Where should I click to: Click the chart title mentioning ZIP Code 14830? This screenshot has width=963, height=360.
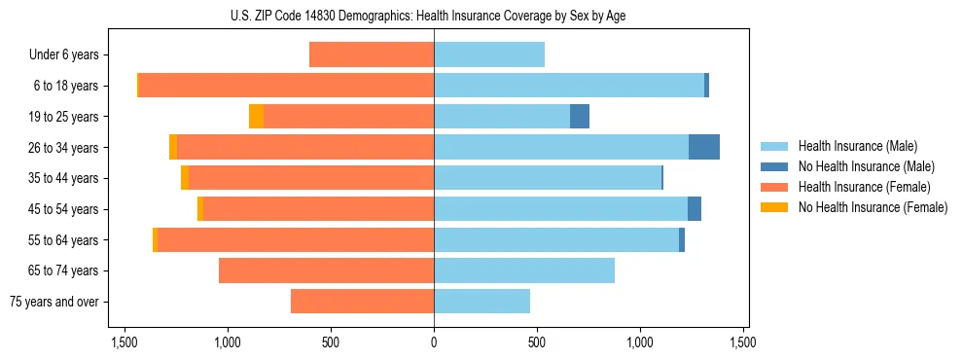pyautogui.click(x=433, y=16)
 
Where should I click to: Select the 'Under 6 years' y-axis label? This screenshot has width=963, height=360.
pyautogui.click(x=64, y=55)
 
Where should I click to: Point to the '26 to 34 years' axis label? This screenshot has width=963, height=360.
pyautogui.click(x=63, y=148)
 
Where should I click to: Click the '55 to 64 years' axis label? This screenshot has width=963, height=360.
pyautogui.click(x=63, y=240)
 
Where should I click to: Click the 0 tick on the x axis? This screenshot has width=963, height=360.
pyautogui.click(x=434, y=342)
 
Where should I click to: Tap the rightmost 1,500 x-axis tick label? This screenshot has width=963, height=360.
pyautogui.click(x=743, y=342)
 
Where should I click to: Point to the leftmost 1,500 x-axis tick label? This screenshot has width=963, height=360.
pyautogui.click(x=125, y=342)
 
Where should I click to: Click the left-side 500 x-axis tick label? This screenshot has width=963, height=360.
pyautogui.click(x=331, y=342)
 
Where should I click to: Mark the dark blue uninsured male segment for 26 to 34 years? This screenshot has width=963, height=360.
pyautogui.click(x=704, y=147)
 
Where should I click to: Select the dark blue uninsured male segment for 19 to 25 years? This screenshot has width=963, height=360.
pyautogui.click(x=580, y=117)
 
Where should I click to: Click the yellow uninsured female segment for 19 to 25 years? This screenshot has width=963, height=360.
pyautogui.click(x=256, y=117)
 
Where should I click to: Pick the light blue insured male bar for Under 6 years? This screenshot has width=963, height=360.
pyautogui.click(x=489, y=55)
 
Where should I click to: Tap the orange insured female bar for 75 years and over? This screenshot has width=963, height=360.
pyautogui.click(x=362, y=302)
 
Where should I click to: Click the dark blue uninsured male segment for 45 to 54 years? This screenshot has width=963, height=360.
pyautogui.click(x=695, y=209)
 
